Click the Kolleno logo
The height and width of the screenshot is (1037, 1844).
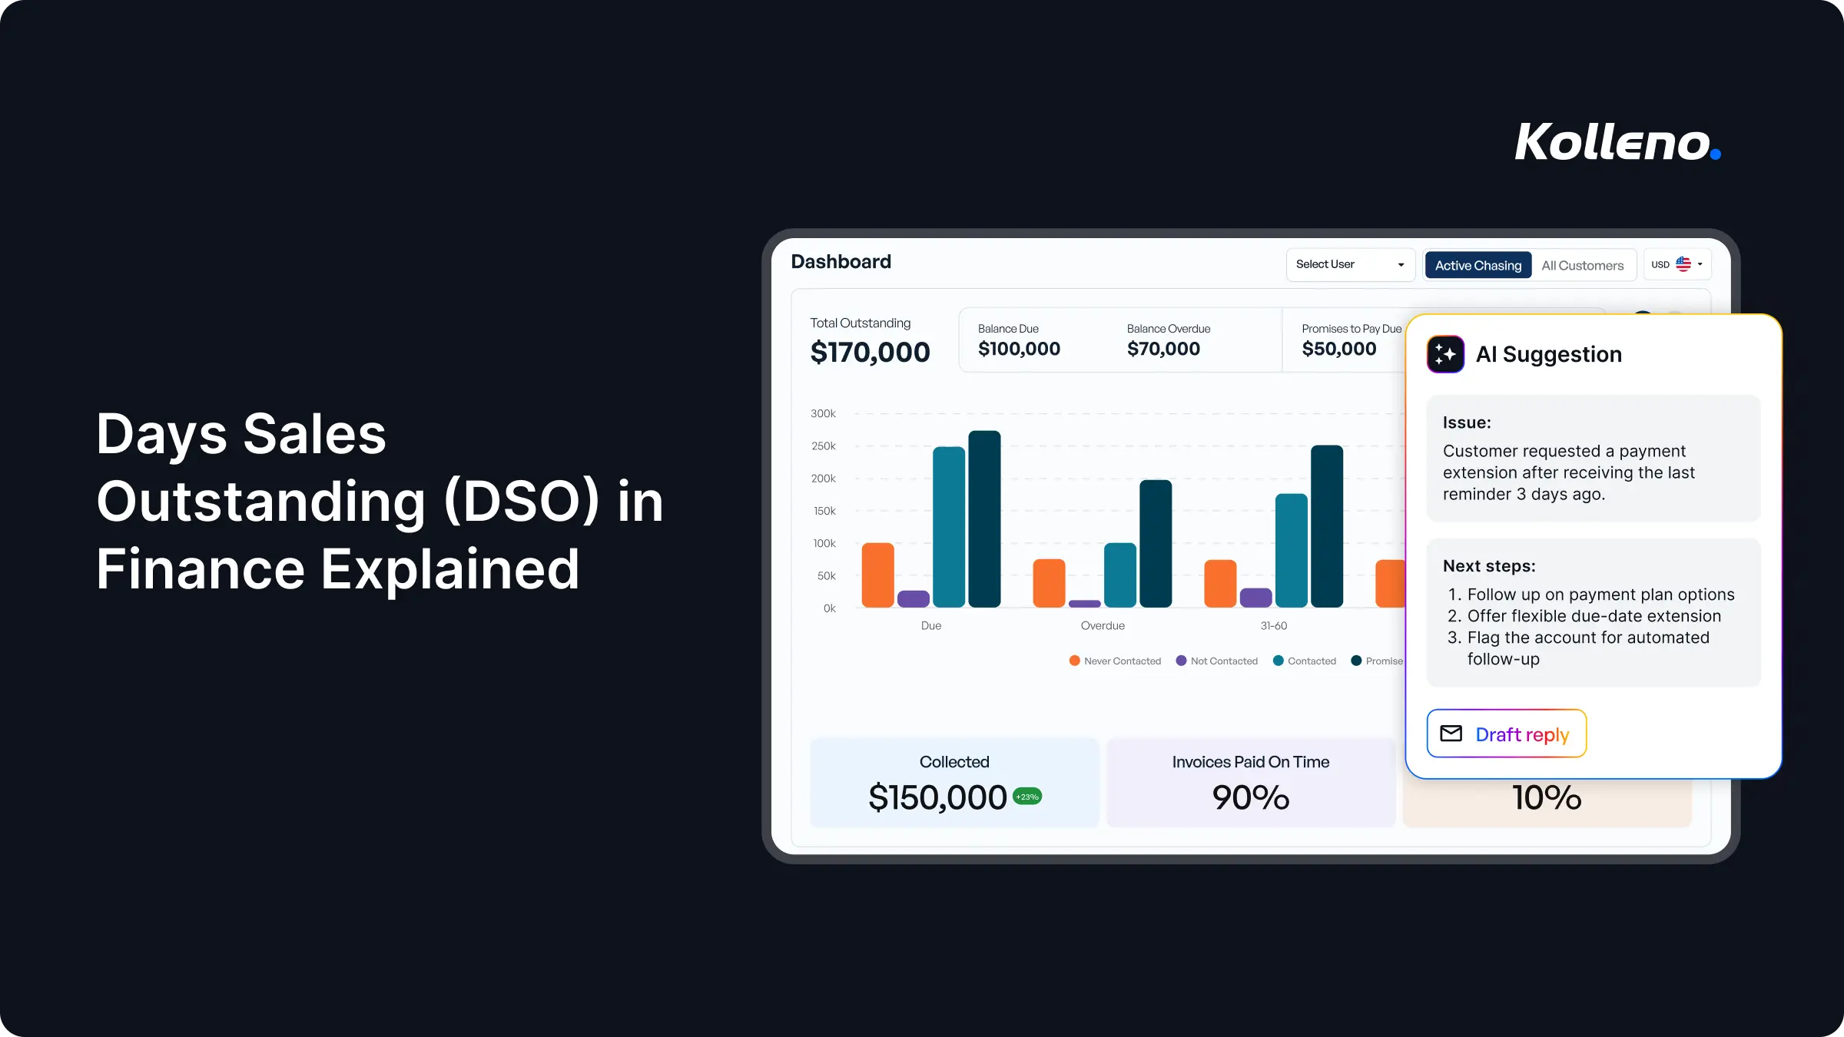point(1617,142)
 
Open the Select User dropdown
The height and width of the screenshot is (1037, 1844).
point(1350,264)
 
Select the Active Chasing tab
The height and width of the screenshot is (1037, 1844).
point(1478,265)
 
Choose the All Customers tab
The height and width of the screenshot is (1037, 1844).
point(1582,266)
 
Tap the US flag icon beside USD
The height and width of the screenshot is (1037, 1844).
point(1683,264)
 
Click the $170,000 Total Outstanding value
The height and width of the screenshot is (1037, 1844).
point(870,353)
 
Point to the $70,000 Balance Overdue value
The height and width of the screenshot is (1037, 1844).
point(1163,349)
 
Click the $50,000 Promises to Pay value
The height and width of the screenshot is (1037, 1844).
point(1338,349)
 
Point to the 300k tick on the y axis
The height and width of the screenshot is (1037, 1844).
point(823,413)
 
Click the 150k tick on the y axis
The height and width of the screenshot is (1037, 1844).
point(824,511)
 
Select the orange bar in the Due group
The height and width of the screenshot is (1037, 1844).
point(877,575)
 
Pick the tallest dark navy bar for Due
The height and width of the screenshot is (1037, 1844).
point(984,519)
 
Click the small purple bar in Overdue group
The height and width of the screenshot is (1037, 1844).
point(1084,604)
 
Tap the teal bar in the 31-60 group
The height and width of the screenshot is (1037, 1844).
point(1291,551)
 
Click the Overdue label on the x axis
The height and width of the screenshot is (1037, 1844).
point(1103,626)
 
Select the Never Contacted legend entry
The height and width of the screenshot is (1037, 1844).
point(1115,661)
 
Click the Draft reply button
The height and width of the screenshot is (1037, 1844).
point(1506,734)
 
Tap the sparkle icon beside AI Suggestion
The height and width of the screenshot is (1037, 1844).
point(1445,354)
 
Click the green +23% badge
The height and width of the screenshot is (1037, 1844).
point(1027,797)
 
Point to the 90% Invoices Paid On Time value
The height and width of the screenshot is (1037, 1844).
point(1250,797)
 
